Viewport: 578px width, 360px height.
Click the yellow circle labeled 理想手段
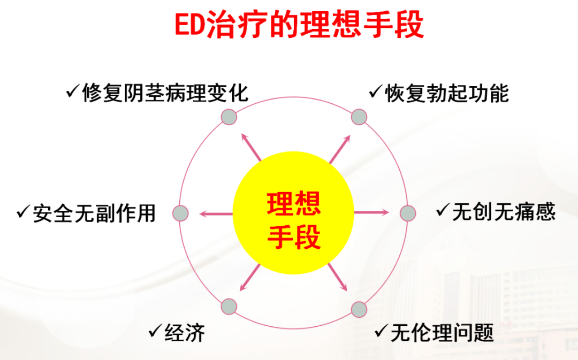[x=293, y=213]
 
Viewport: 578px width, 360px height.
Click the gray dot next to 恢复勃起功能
[x=359, y=117]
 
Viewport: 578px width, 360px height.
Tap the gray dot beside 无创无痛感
[x=408, y=213]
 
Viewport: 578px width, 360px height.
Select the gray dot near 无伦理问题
[x=359, y=309]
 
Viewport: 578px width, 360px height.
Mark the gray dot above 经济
[x=229, y=307]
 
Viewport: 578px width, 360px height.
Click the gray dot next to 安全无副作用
[x=181, y=213]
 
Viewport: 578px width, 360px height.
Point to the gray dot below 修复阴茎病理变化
[x=229, y=117]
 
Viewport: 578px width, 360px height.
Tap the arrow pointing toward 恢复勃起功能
[x=339, y=149]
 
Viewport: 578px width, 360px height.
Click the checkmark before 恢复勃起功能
[x=376, y=92]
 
